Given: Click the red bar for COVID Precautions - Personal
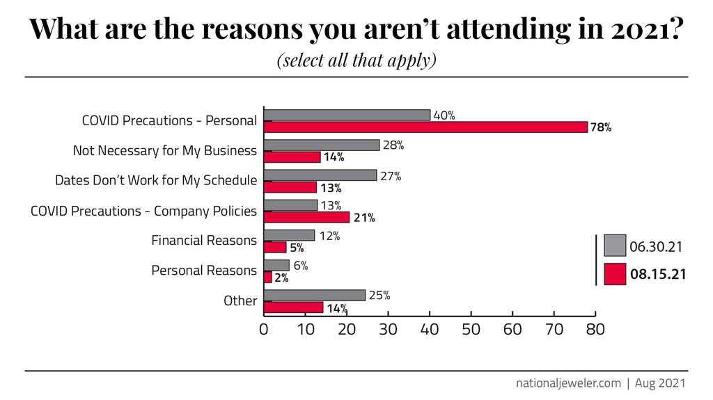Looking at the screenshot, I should click(425, 127).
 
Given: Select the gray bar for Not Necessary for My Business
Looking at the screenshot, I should click(322, 145).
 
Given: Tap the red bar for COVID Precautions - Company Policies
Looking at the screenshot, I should click(306, 217).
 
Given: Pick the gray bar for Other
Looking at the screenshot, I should click(315, 295).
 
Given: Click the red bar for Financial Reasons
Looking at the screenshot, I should click(275, 247).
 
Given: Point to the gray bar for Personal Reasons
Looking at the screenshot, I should click(276, 265).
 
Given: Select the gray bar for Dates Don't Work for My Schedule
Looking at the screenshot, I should click(320, 175).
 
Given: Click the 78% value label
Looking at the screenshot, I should click(601, 127).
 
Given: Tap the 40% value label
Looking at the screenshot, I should click(444, 115).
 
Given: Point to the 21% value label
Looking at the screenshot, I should click(364, 218).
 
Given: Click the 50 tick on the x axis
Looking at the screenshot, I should click(471, 329).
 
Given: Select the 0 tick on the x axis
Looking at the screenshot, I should click(264, 329).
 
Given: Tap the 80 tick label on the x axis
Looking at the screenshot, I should click(595, 329).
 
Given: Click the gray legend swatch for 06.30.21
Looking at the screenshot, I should click(615, 246).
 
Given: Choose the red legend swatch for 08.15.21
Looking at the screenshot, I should click(615, 274).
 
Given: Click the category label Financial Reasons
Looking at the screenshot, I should click(204, 241).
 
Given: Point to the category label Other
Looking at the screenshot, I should click(240, 301).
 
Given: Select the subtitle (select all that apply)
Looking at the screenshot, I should click(356, 61).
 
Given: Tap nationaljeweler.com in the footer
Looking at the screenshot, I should click(567, 383).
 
